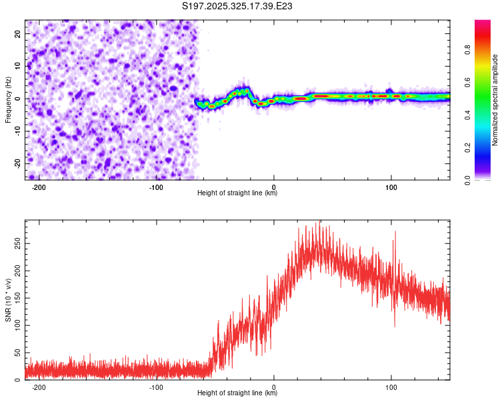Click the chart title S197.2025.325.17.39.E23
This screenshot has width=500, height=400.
(x=238, y=7)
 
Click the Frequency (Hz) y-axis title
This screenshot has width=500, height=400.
(x=9, y=99)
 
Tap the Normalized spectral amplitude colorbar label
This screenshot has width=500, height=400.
(x=495, y=100)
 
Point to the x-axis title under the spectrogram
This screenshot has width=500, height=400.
(x=237, y=193)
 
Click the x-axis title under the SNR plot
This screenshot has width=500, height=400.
(x=237, y=393)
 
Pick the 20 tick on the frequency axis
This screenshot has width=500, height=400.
(x=17, y=33)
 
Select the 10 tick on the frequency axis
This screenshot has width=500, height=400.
(x=17, y=65)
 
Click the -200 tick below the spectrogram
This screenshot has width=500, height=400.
(x=39, y=186)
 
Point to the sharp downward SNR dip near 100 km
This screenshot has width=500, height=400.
(x=394, y=325)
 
